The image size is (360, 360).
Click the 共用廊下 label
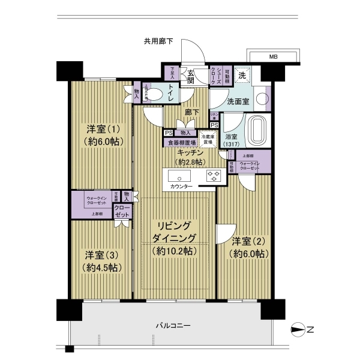(158, 41)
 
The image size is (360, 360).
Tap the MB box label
(273, 57)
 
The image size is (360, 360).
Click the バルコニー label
(173, 325)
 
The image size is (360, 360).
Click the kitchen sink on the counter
(180, 176)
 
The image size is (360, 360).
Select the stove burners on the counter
(214, 176)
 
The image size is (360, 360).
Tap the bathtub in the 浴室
(256, 130)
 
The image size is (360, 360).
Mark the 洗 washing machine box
(243, 76)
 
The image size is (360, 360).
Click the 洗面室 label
(238, 102)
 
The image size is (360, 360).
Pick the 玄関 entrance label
(190, 75)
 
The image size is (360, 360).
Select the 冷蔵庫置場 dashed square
(207, 139)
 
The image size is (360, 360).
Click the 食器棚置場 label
(181, 143)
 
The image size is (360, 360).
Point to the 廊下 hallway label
(192, 112)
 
